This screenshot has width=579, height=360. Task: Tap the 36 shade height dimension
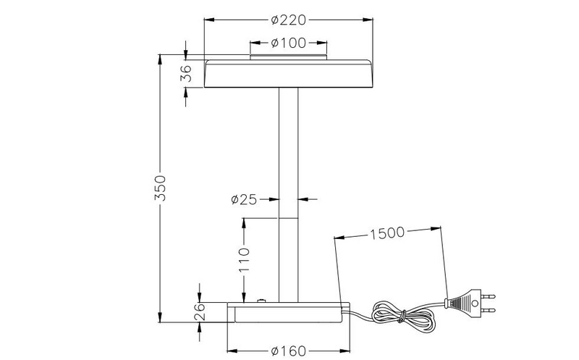coord(186,73)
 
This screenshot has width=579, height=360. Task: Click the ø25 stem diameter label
coord(244,199)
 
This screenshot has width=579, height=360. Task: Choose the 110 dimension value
coord(244,258)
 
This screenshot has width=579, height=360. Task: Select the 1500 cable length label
coord(388,234)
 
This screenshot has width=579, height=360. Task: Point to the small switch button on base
coord(261,300)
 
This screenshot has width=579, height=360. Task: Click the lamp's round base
coord(289,312)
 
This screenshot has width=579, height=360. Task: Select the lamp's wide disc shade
coord(289,74)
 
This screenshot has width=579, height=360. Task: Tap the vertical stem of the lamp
coord(289,152)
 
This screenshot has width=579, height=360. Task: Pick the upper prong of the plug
coord(490,296)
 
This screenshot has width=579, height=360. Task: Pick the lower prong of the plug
coord(490,309)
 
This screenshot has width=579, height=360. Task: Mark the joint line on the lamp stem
coord(289,218)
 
